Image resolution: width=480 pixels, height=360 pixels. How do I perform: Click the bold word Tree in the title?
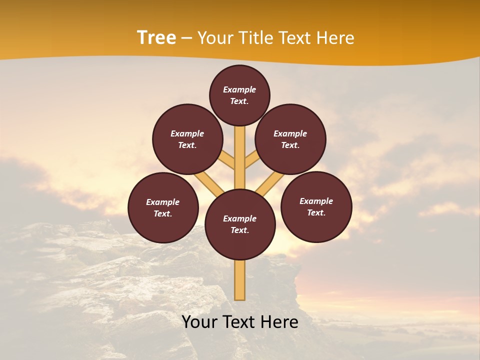click(156, 38)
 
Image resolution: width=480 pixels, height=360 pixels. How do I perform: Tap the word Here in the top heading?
click(336, 38)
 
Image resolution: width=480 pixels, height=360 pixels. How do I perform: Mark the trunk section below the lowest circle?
click(240, 280)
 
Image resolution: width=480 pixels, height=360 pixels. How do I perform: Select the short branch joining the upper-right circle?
click(252, 159)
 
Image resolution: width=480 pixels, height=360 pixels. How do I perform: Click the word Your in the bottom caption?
click(199, 322)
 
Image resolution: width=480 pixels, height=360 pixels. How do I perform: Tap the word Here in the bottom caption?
click(280, 322)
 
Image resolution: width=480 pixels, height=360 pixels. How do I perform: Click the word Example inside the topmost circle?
click(239, 89)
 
